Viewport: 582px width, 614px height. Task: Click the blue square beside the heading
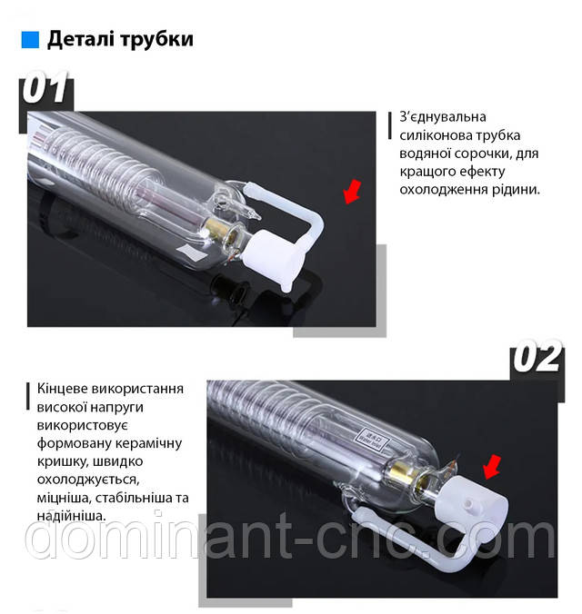30,40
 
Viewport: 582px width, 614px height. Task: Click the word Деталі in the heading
81,39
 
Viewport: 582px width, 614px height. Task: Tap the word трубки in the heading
157,40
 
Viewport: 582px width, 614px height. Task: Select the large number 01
45,87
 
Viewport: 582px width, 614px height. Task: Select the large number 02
537,356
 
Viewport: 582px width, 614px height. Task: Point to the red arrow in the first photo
352,192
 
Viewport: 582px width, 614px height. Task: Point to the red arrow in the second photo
492,467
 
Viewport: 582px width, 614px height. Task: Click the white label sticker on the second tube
372,439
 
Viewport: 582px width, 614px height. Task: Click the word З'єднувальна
443,116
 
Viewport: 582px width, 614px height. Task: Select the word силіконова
436,135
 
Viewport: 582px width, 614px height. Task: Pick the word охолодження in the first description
441,190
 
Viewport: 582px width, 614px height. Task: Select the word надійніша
71,516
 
